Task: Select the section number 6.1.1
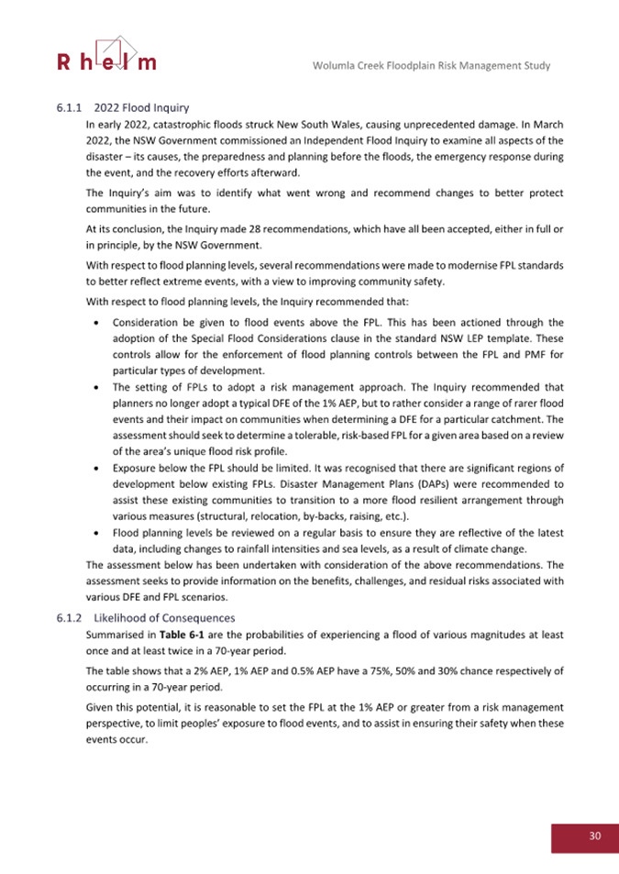(70, 108)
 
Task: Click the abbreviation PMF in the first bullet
(539, 354)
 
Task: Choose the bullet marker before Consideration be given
(98, 324)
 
